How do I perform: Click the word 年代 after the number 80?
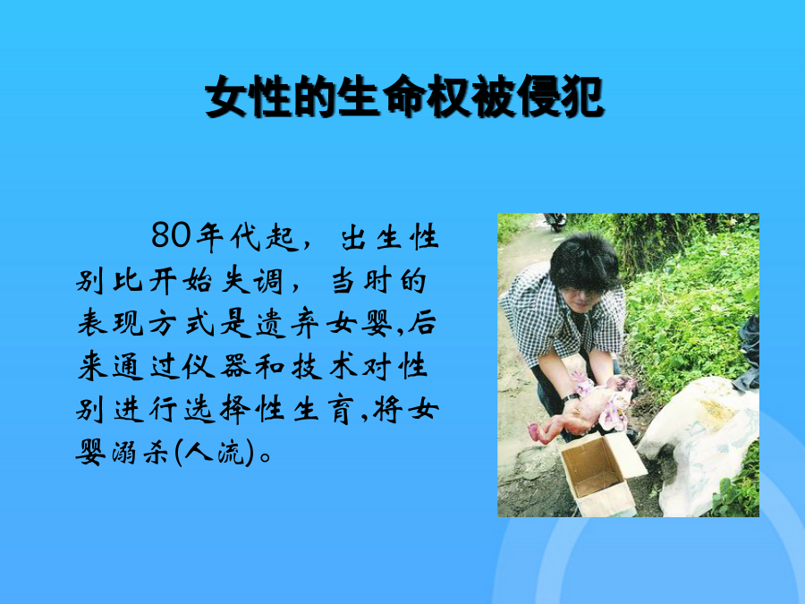227,237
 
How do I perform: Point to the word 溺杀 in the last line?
140,454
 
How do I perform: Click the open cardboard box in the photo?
601,473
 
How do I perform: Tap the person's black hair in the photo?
584,262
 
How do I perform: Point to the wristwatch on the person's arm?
570,397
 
